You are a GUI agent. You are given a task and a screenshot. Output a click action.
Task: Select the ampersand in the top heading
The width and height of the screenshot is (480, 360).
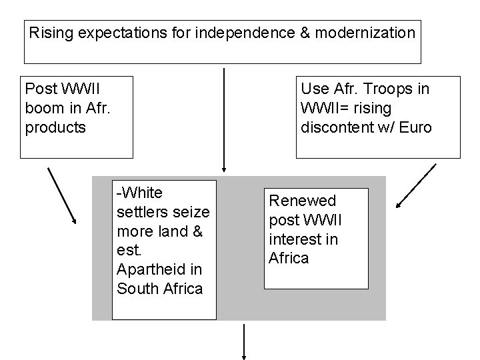click(x=303, y=32)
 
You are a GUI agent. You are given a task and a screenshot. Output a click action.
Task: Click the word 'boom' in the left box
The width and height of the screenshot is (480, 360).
click(x=44, y=107)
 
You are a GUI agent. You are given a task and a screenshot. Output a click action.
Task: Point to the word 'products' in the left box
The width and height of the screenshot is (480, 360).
click(x=55, y=127)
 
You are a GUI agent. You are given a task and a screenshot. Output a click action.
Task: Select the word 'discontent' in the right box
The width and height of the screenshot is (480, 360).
click(x=336, y=127)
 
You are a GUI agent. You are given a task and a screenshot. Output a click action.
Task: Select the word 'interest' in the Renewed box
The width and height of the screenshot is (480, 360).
click(x=294, y=239)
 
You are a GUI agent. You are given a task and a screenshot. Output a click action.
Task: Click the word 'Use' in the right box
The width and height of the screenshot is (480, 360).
click(x=313, y=89)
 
